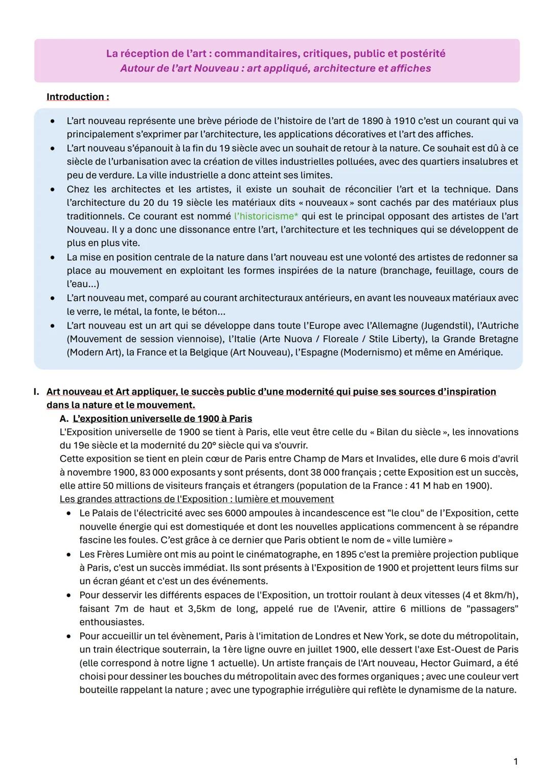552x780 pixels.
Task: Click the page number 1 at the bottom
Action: (515, 762)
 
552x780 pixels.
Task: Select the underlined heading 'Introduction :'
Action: (78, 97)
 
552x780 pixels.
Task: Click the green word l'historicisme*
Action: (266, 216)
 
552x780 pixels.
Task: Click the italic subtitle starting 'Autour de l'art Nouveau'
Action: (275, 68)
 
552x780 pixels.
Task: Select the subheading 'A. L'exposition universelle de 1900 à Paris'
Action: (156, 418)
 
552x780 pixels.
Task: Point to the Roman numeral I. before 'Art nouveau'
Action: (36, 392)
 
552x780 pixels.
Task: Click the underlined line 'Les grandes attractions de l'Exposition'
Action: (196, 499)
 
